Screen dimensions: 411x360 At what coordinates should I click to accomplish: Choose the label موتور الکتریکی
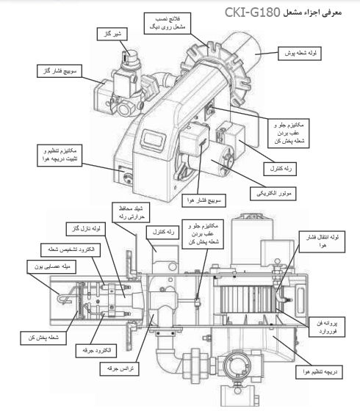278,194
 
